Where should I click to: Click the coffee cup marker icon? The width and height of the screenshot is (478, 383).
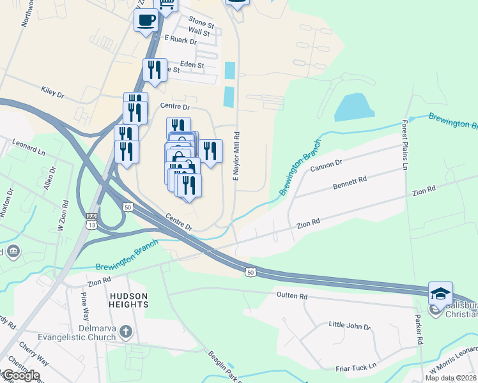click(146, 20)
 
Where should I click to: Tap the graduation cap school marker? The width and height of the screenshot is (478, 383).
click(440, 294)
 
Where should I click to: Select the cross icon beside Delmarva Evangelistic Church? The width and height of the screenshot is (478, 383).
click(126, 331)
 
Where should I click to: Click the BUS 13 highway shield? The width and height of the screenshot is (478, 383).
click(91, 221)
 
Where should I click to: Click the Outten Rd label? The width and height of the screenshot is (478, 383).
click(292, 296)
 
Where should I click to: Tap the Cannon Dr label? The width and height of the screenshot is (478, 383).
click(327, 166)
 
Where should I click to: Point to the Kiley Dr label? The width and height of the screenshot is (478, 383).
click(52, 93)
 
